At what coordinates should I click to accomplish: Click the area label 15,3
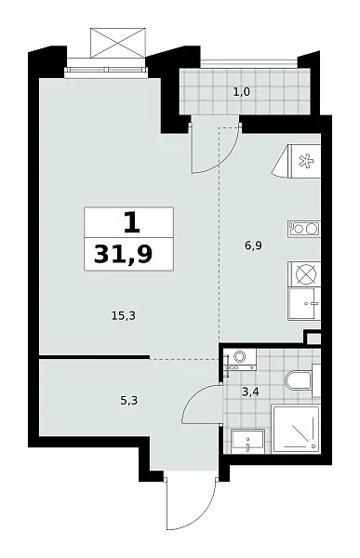pos(124,315)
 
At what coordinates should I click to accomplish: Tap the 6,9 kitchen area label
pos(254,246)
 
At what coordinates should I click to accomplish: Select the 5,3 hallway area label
pos(129,401)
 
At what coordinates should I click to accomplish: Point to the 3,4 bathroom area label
pos(250,392)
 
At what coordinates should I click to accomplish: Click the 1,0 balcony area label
pos(242,92)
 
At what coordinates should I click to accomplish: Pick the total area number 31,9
pos(123,254)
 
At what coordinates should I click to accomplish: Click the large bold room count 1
pos(131,223)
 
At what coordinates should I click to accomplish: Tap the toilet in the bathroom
pos(302,380)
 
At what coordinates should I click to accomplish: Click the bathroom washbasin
pos(247,441)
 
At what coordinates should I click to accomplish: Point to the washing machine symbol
pos(242,359)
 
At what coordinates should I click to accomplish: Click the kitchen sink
pos(304,304)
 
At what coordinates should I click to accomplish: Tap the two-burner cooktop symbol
pos(304,229)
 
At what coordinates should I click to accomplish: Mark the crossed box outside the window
pos(118,43)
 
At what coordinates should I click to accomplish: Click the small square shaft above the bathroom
pos(313,339)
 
